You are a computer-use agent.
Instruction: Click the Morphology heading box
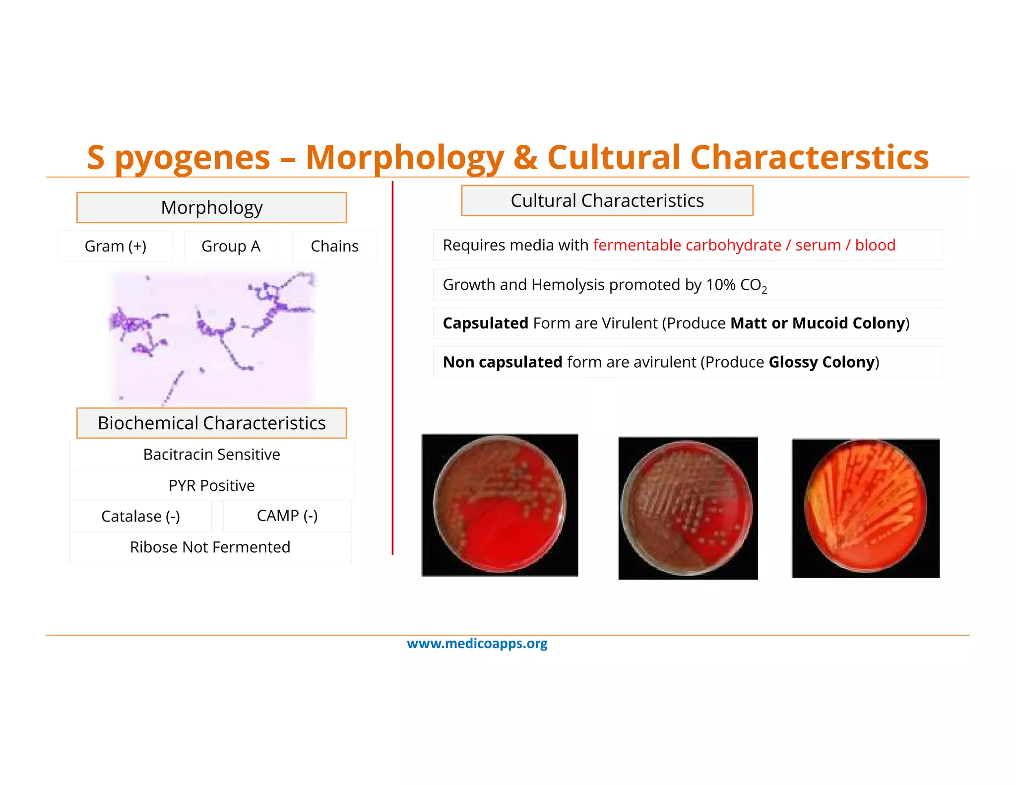pyautogui.click(x=211, y=207)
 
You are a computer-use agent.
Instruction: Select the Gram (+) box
pyautogui.click(x=115, y=246)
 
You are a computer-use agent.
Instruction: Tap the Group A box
pyautogui.click(x=231, y=246)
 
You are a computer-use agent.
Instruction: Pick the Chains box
pyautogui.click(x=334, y=246)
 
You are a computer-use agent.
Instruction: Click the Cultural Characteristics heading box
pyautogui.click(x=607, y=200)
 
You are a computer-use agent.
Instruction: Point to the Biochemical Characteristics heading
pyautogui.click(x=211, y=423)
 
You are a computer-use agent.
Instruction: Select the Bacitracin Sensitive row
pyautogui.click(x=211, y=455)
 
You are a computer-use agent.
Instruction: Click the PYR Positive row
pyautogui.click(x=211, y=485)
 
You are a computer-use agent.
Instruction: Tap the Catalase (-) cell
pyautogui.click(x=140, y=516)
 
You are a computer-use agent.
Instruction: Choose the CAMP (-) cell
pyautogui.click(x=287, y=516)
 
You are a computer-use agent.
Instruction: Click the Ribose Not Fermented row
pyautogui.click(x=210, y=547)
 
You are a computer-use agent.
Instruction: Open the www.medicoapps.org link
pyautogui.click(x=477, y=644)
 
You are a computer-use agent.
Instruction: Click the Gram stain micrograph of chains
pyautogui.click(x=213, y=337)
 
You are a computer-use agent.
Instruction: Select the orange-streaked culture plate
pyautogui.click(x=865, y=508)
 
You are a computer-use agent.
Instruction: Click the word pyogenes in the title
pyautogui.click(x=192, y=158)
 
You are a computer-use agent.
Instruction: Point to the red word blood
pyautogui.click(x=875, y=245)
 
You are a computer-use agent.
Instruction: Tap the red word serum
pyautogui.click(x=818, y=245)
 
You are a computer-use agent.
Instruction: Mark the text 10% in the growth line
pyautogui.click(x=721, y=285)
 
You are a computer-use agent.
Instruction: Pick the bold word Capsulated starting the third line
pyautogui.click(x=485, y=323)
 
